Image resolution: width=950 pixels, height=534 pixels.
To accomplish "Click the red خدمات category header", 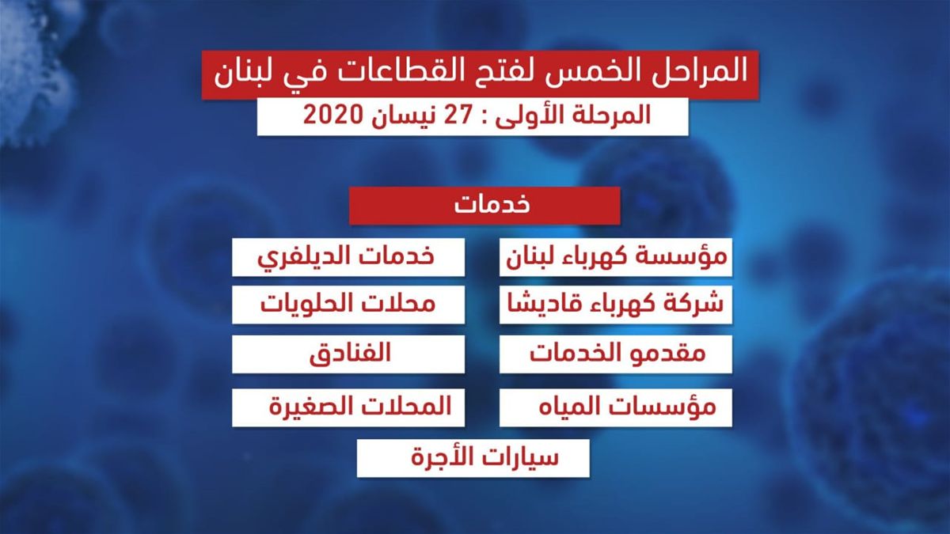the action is pos(484,206).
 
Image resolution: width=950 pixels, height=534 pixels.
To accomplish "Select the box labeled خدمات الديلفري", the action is pos(348,257).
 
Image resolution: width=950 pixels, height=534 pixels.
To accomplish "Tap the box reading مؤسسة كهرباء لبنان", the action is pos(616,257).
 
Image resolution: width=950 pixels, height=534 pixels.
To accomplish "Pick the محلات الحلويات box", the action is pos(348,305).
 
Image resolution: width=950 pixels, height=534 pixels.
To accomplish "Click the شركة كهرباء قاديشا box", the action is pos(616,305).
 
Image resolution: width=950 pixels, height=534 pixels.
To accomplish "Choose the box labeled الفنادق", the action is pos(348,354).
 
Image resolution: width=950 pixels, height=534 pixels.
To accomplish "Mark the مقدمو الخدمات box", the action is pos(616,354).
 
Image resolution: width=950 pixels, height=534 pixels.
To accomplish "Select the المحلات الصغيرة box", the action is pos(348,407).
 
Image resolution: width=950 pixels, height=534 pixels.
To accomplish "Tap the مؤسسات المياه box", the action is pos(616,407).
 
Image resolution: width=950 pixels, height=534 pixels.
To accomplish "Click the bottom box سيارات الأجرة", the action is pos(473,459).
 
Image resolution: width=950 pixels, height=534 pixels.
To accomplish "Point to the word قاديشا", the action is pos(536,305).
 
